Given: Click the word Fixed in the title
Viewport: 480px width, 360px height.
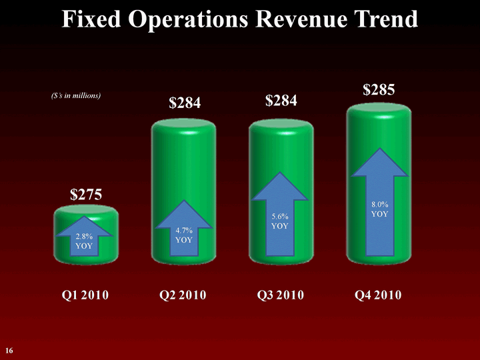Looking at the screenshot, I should [x=93, y=19].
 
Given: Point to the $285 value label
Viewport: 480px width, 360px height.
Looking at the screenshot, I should [x=379, y=90].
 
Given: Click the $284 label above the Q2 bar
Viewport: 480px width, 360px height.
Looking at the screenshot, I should [x=185, y=103].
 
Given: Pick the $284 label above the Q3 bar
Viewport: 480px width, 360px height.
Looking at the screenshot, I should [x=281, y=101].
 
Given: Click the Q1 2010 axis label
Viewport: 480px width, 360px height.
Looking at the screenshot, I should [x=85, y=295].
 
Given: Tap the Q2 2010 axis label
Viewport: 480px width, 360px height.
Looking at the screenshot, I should [x=183, y=295].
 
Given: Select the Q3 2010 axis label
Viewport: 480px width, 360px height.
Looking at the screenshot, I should [x=281, y=295].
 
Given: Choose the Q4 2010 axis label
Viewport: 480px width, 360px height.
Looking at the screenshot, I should [x=379, y=295].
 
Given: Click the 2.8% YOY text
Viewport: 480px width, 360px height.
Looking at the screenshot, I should [x=85, y=241].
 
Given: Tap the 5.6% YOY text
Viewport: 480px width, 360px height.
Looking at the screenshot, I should [x=281, y=221].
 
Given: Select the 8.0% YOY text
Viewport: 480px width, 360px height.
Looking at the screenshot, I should [x=378, y=209].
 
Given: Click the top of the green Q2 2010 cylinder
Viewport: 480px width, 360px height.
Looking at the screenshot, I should [x=183, y=125].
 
